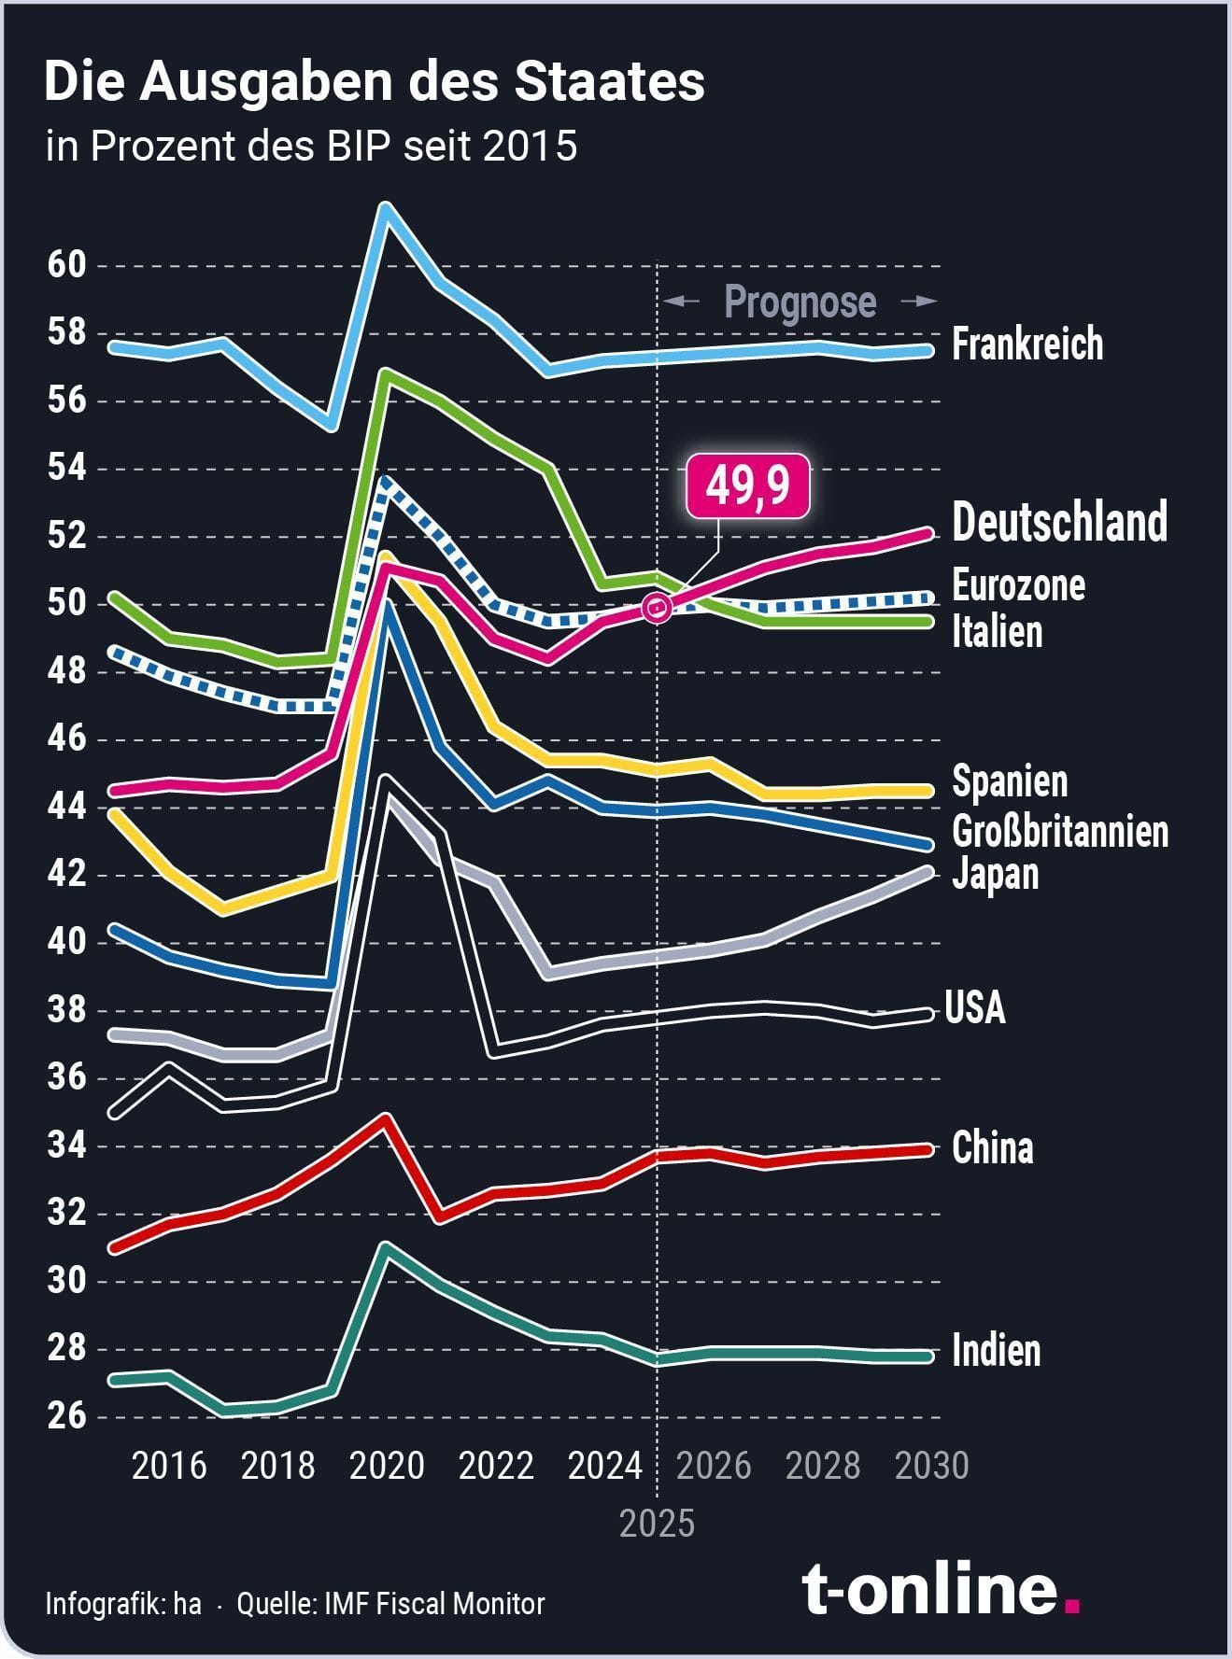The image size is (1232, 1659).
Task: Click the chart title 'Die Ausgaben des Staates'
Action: pyautogui.click(x=374, y=82)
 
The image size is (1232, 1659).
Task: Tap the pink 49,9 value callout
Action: pyautogui.click(x=747, y=487)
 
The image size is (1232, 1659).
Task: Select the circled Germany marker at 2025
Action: pyautogui.click(x=658, y=608)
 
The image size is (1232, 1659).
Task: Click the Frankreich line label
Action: pyautogui.click(x=1027, y=344)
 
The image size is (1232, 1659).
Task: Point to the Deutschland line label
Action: pyautogui.click(x=1059, y=522)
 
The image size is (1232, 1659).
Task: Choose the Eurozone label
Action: pyautogui.click(x=1018, y=585)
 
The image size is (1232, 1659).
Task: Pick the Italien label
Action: pyautogui.click(x=997, y=632)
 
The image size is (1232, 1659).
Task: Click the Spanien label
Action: pyautogui.click(x=1009, y=781)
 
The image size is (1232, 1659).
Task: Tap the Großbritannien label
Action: pyautogui.click(x=1060, y=831)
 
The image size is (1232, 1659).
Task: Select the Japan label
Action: pyautogui.click(x=995, y=875)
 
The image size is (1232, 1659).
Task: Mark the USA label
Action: pyautogui.click(x=975, y=1008)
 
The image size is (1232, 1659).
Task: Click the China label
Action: pyautogui.click(x=992, y=1148)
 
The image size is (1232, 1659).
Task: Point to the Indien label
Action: pyautogui.click(x=996, y=1351)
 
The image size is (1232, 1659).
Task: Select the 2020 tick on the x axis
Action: pyautogui.click(x=387, y=1466)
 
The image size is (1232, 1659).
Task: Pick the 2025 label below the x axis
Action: pyautogui.click(x=658, y=1524)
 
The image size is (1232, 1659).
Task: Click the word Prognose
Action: pyautogui.click(x=800, y=302)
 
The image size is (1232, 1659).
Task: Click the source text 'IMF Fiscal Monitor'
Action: pyautogui.click(x=434, y=1604)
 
